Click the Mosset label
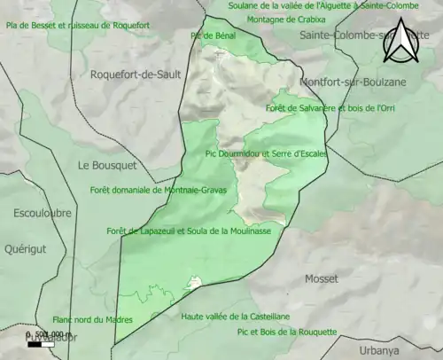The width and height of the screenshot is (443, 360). point(321,278)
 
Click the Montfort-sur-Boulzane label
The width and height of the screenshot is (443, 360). point(346,82)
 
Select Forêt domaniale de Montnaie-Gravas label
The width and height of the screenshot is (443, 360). point(159,190)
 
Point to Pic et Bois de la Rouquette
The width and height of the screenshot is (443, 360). point(287,332)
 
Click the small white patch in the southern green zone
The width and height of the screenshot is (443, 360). point(192,283)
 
